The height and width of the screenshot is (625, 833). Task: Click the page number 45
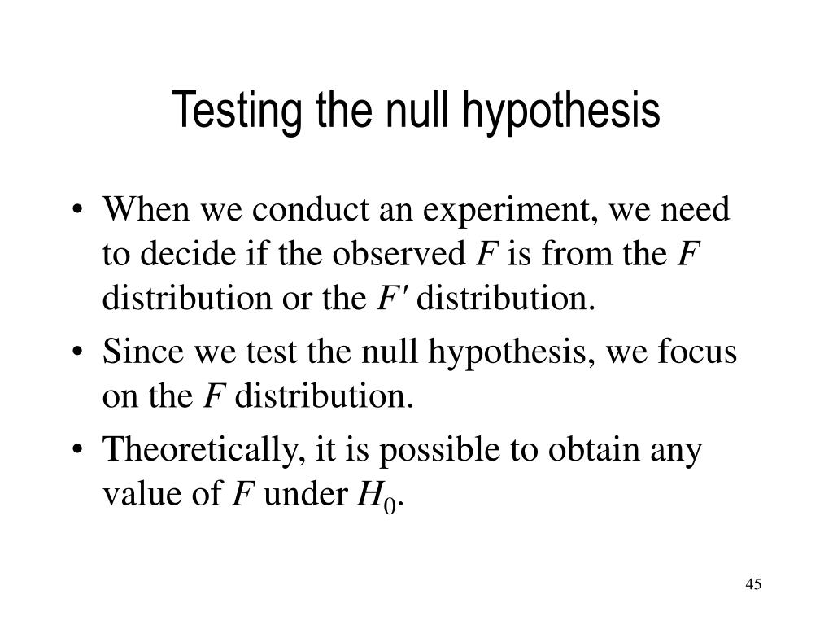752,584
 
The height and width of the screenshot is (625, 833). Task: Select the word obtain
585,450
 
